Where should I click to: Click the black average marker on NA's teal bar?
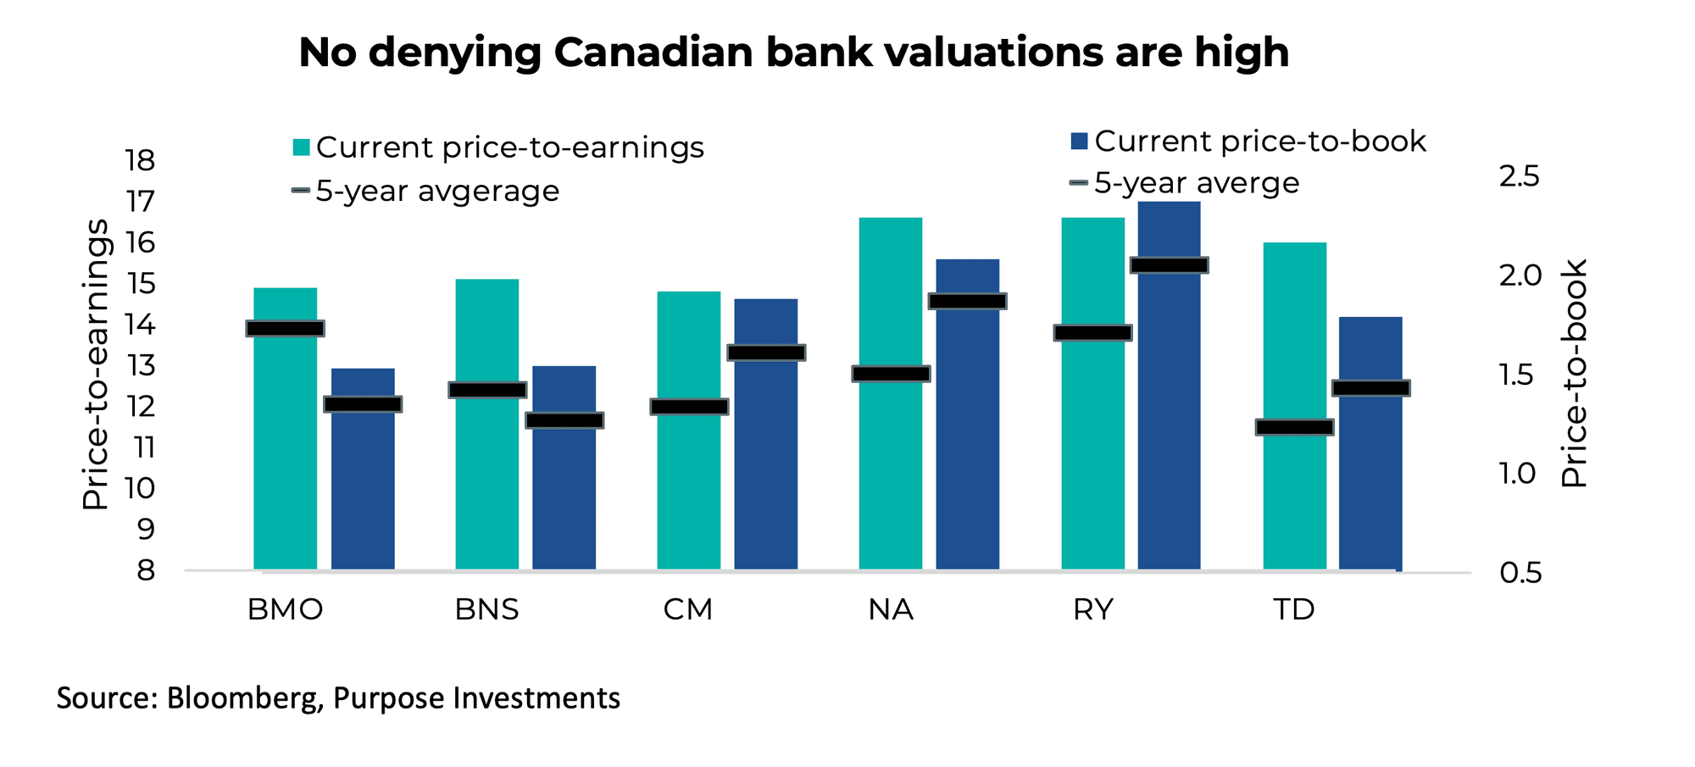click(891, 374)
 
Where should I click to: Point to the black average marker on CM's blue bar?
click(766, 353)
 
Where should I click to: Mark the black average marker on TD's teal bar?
click(1294, 427)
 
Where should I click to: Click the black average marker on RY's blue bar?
click(1170, 265)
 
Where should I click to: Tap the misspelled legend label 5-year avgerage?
click(436, 192)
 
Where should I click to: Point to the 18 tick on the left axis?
click(140, 160)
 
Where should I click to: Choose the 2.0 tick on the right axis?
click(1519, 275)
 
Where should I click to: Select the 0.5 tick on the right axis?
click(1519, 573)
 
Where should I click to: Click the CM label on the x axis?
click(687, 610)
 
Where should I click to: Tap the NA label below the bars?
click(891, 610)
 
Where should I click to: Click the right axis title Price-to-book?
click(1574, 373)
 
